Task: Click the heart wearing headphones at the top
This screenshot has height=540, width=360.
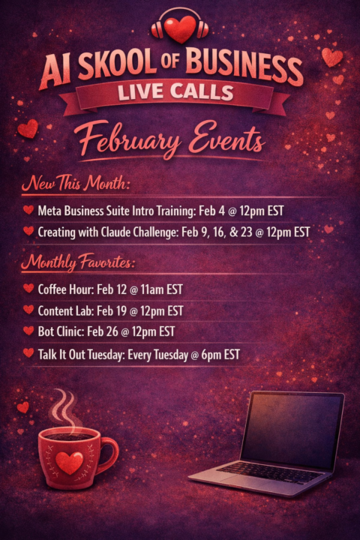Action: [180, 28]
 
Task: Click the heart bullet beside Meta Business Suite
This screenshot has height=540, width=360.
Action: [28, 210]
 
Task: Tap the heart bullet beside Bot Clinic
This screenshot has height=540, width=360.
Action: [28, 331]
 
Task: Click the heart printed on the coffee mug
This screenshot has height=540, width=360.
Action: [70, 462]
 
